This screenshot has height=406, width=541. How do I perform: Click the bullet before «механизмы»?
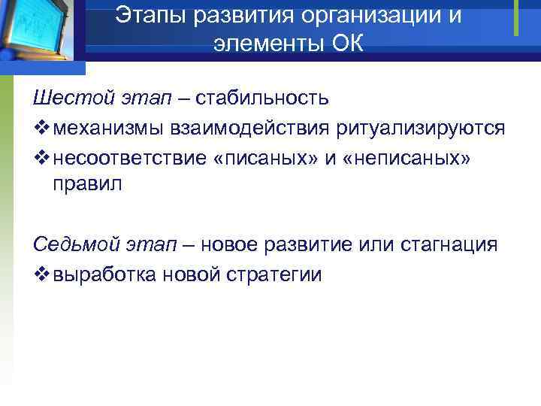pos(41,127)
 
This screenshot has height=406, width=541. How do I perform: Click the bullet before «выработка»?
pos(41,274)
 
